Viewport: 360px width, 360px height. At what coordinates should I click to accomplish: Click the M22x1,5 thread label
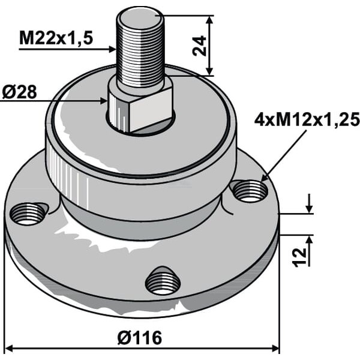coord(56,38)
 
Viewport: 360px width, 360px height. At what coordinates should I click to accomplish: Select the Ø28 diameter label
coord(19,92)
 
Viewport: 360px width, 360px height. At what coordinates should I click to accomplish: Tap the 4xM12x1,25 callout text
coord(307,119)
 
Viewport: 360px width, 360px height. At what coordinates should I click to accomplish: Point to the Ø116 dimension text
coord(140,338)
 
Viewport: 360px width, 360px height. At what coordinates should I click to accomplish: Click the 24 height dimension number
coord(199,46)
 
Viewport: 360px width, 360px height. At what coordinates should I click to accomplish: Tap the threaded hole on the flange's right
coord(250,191)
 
